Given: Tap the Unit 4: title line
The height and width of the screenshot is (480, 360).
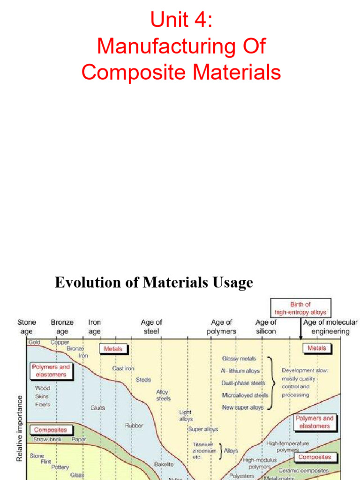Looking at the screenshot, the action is click(x=180, y=21).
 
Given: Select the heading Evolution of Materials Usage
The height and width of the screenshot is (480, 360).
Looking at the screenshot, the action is click(x=154, y=283).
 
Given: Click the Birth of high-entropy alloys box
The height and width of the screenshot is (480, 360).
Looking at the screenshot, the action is click(x=300, y=308).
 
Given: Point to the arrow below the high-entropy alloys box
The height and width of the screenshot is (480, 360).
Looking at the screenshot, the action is click(x=300, y=332).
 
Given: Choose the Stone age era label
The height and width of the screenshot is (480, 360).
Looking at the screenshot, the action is click(x=27, y=327).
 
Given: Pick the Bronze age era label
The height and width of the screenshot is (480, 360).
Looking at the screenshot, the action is click(x=62, y=327).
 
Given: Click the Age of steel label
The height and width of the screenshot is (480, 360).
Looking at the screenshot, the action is click(x=151, y=327).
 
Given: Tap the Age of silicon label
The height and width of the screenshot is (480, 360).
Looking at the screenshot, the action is click(x=266, y=327).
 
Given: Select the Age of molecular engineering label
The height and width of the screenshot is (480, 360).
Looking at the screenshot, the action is click(x=330, y=327).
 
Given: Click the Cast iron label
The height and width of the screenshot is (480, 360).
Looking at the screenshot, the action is click(x=123, y=368).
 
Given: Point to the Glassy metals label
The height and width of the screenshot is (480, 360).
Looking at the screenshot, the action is click(x=239, y=359).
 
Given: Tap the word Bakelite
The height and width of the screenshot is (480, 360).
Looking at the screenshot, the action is click(x=164, y=464).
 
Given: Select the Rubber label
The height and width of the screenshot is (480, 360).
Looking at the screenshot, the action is click(x=134, y=426).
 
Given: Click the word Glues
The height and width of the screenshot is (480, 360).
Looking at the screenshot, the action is click(x=97, y=408).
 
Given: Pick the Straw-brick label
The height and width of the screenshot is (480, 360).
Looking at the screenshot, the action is click(x=47, y=440).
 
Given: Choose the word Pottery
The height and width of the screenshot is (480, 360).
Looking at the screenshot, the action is click(x=60, y=467).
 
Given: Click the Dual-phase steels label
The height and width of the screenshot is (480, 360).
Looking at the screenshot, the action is click(x=243, y=383).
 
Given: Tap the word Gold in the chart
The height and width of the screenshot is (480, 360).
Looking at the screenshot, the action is click(x=35, y=343).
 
